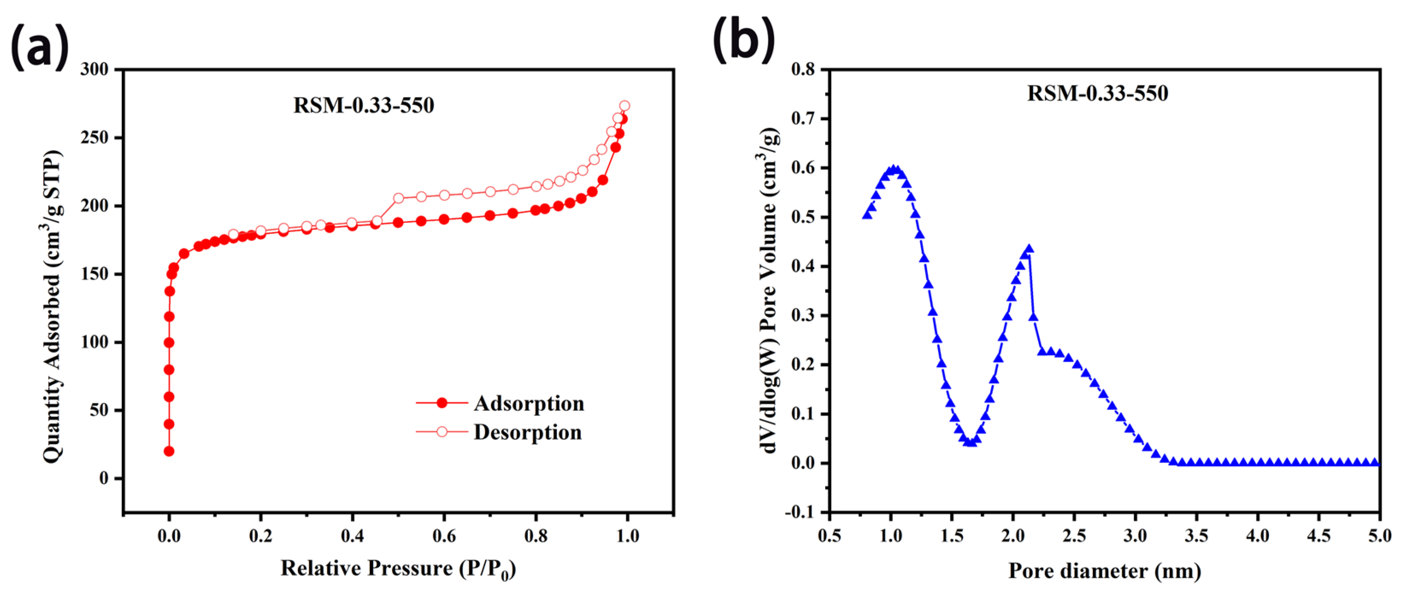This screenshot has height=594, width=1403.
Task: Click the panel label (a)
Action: point(40,46)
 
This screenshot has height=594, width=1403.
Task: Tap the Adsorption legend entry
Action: point(528,404)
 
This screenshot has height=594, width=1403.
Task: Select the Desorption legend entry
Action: point(527,432)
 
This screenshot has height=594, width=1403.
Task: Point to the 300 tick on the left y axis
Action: point(95,69)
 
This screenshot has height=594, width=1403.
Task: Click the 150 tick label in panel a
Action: point(95,274)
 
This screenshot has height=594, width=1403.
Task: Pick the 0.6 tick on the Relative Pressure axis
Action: point(444,536)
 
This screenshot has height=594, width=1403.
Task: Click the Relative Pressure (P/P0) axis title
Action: point(397,569)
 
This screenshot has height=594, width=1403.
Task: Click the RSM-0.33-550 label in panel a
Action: point(364,105)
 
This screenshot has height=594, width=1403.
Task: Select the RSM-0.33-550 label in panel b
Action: point(1097,93)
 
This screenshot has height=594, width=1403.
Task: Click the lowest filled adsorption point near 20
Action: point(169,451)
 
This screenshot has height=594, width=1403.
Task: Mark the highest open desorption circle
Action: point(625,105)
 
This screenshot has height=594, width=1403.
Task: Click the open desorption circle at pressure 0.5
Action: point(398,198)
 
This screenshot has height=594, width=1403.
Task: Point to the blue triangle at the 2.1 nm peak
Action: point(1029,249)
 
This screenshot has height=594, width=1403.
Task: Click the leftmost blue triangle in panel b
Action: point(867,215)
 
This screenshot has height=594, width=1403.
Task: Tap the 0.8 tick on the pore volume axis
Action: point(803,69)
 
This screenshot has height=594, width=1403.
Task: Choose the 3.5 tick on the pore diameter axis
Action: point(1196,536)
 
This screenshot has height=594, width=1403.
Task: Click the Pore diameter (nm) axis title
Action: point(1105,571)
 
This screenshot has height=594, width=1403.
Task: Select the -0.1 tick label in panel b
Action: point(800,512)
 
